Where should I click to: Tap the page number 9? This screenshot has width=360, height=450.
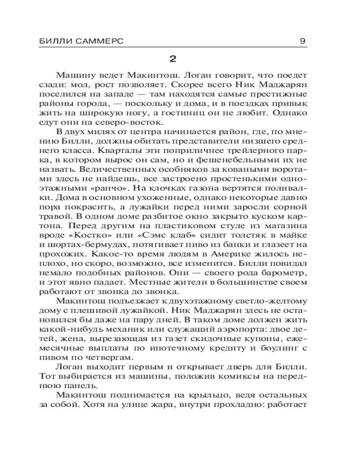coord(303,41)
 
